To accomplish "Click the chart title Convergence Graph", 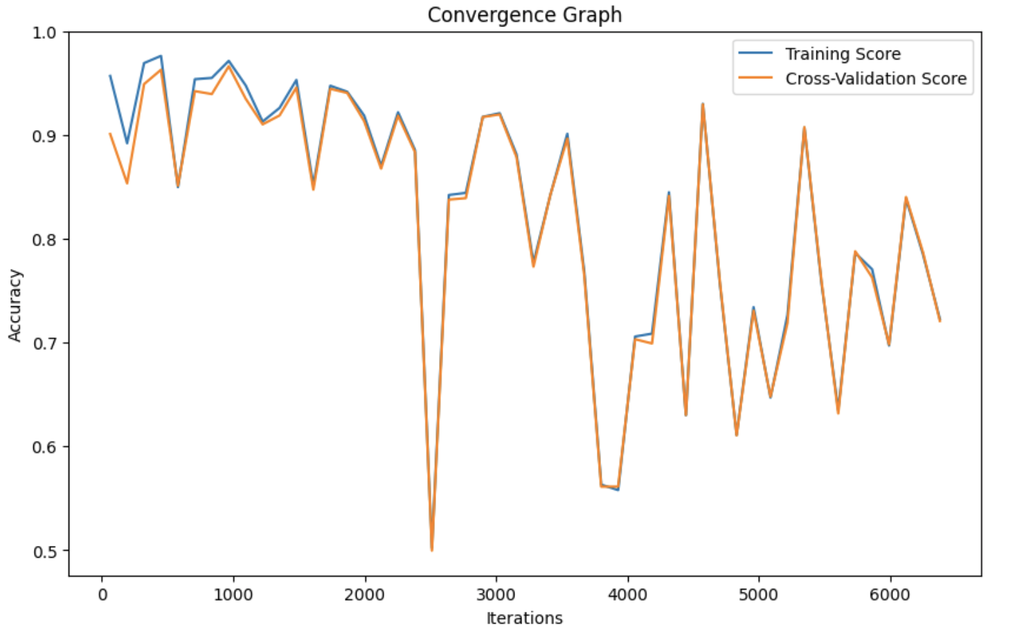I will click(x=524, y=15).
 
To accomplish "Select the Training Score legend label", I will click(x=842, y=54).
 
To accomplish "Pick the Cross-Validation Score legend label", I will click(x=875, y=79).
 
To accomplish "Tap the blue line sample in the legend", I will click(x=755, y=53).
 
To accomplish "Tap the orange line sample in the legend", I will click(x=755, y=78).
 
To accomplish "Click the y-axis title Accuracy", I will click(x=15, y=305).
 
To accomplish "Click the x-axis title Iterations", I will click(x=524, y=618).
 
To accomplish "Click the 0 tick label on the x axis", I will click(x=102, y=595).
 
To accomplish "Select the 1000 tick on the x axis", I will click(x=233, y=595).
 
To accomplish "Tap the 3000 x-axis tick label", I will click(x=496, y=595).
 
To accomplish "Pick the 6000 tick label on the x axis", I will click(x=890, y=595).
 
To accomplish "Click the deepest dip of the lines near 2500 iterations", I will click(x=432, y=549).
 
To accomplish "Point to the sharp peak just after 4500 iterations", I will click(x=703, y=105).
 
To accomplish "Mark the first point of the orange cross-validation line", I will click(x=110, y=134).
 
